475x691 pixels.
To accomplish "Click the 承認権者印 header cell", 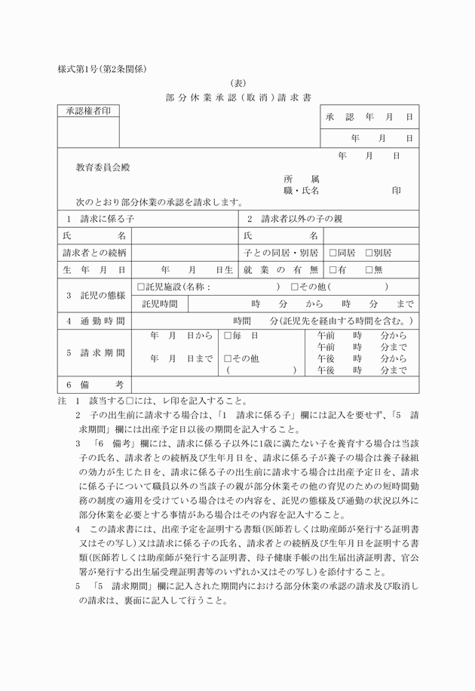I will click(x=88, y=112).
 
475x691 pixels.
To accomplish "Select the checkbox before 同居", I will click(x=332, y=252).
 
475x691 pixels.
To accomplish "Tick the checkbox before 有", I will click(x=332, y=269).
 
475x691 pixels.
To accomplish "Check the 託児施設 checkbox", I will click(x=141, y=287).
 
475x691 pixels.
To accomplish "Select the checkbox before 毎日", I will click(x=228, y=335).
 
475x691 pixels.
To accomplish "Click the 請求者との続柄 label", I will click(x=94, y=252).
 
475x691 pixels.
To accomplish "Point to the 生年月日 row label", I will click(x=94, y=269).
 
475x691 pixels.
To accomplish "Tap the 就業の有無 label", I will click(x=280, y=269).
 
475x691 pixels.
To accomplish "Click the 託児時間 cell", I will click(x=160, y=304).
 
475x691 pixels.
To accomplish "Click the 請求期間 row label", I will click(x=94, y=352).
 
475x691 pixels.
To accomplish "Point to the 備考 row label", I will click(x=94, y=385).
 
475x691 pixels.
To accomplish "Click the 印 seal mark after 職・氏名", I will click(x=396, y=191).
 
